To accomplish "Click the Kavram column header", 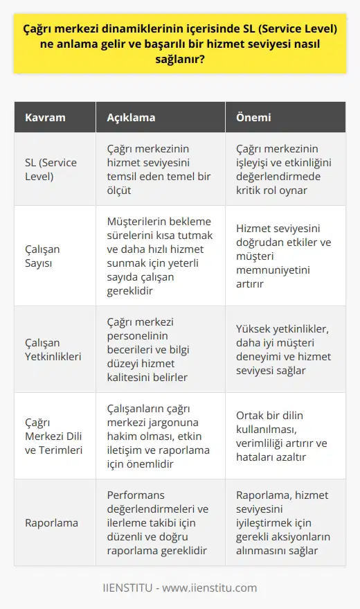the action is pyautogui.click(x=45, y=118).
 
